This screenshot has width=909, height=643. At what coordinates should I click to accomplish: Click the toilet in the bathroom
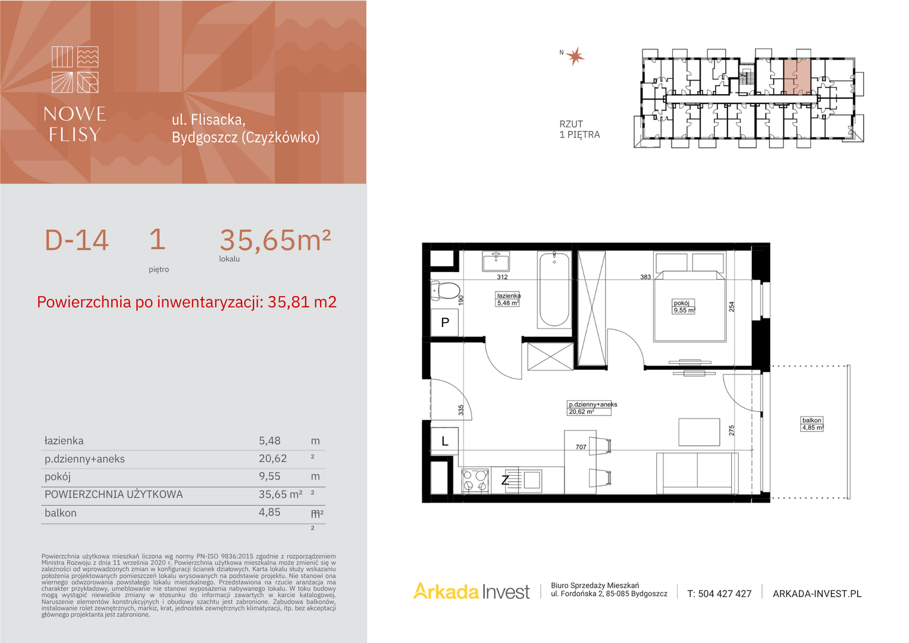tap(445, 291)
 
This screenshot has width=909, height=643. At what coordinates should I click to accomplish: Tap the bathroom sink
tap(496, 261)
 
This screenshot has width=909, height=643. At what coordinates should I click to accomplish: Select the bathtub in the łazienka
tap(554, 290)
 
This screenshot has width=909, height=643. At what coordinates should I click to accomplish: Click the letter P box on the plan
tap(445, 323)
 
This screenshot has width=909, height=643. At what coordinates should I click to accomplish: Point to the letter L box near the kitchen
tap(445, 441)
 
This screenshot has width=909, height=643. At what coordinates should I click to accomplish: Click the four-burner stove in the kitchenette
tap(475, 480)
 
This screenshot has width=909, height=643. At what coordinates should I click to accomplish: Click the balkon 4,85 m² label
tap(812, 424)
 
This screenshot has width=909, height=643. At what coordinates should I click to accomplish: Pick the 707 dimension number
tap(581, 447)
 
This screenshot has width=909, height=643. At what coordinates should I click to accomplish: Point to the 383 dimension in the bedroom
tap(645, 277)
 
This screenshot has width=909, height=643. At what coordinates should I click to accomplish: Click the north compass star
tap(575, 57)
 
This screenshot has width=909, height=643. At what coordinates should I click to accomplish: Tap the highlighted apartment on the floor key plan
tap(797, 76)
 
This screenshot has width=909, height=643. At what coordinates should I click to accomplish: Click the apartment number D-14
tap(76, 240)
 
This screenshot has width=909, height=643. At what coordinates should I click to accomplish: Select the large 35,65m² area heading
tap(275, 240)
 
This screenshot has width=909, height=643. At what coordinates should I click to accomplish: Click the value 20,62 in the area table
tap(272, 458)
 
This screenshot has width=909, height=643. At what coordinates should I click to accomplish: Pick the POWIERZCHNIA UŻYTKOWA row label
tap(114, 494)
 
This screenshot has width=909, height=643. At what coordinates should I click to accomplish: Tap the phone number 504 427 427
tap(719, 594)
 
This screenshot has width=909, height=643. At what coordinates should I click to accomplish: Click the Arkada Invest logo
tap(471, 591)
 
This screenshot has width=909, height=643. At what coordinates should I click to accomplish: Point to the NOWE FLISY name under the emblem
tap(75, 124)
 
